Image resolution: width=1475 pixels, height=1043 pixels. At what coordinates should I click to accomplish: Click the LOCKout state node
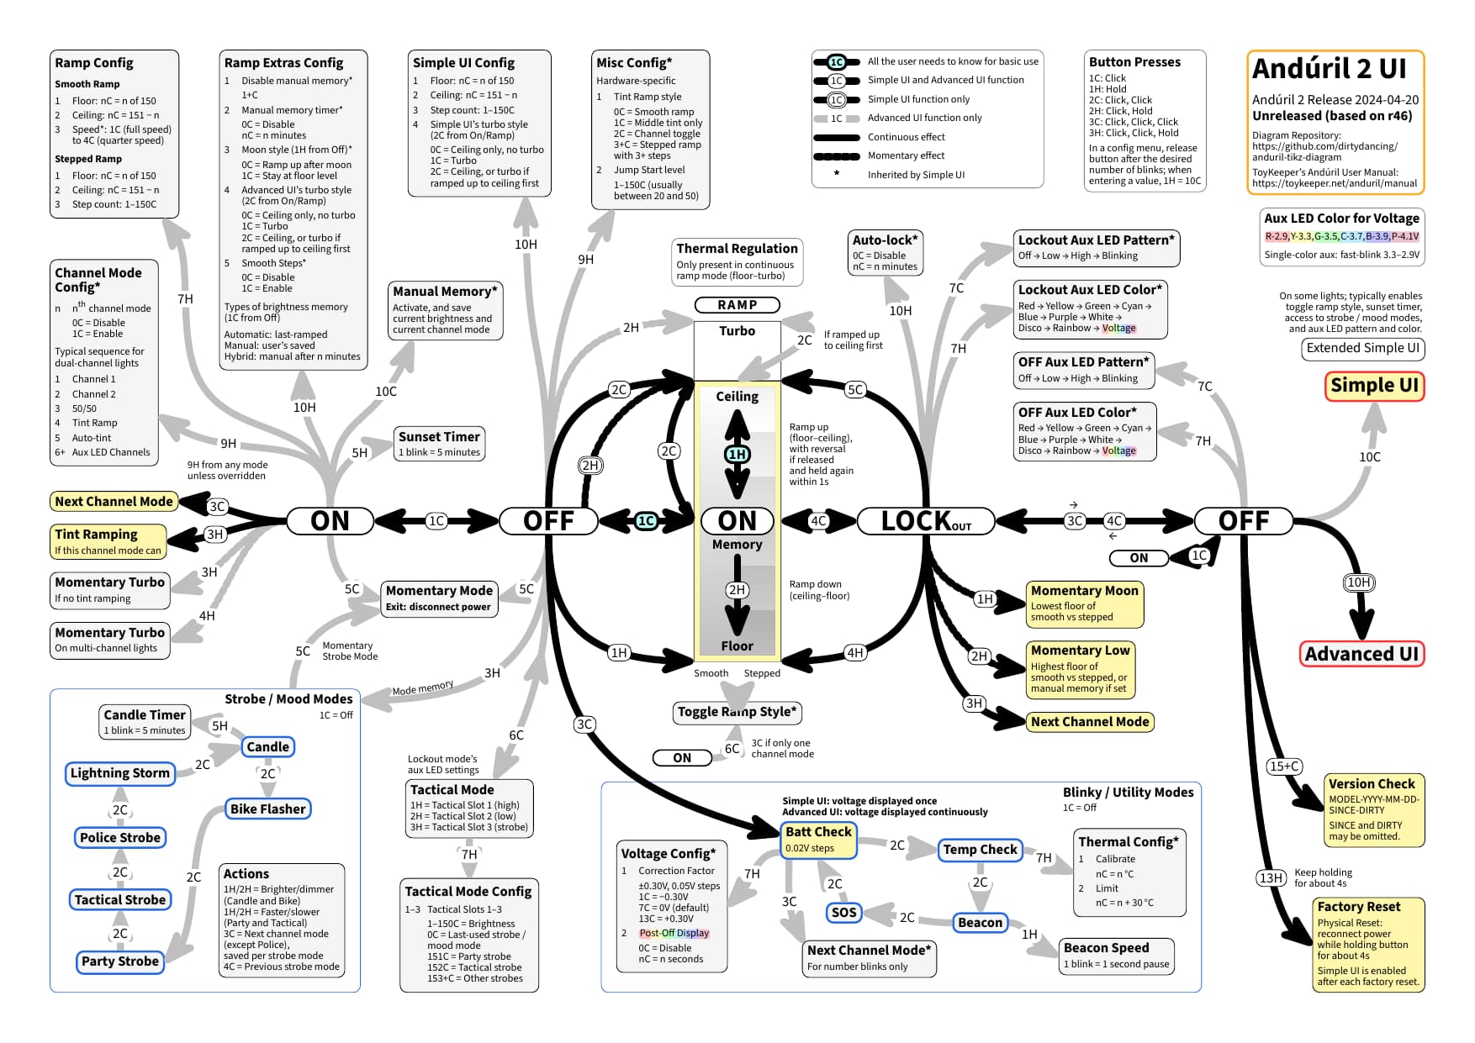point(926,521)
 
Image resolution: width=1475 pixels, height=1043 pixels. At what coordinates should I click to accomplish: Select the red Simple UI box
point(1374,386)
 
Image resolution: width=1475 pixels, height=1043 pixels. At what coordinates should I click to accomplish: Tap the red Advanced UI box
point(1361,654)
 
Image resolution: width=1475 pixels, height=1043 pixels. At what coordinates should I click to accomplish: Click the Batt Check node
point(818,840)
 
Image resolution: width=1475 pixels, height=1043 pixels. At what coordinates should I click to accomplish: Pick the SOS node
point(843,913)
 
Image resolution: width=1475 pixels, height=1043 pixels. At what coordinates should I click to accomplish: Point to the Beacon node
point(981,923)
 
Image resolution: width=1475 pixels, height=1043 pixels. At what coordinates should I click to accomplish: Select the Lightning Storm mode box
point(120,773)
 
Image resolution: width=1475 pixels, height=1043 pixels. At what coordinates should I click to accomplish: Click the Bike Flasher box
point(268,809)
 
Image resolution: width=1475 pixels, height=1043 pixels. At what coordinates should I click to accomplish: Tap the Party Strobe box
point(120,961)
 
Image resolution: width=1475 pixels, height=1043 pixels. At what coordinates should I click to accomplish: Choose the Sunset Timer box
point(439,444)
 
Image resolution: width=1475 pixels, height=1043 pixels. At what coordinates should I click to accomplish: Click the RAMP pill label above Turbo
point(737,305)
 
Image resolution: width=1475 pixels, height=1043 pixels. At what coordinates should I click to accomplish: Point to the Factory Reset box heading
point(1359,907)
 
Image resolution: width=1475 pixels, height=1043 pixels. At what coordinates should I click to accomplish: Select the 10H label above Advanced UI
point(1359,582)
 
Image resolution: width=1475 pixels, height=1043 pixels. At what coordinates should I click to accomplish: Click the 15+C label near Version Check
point(1285,766)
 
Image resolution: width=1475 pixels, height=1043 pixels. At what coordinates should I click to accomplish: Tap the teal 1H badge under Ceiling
point(737,455)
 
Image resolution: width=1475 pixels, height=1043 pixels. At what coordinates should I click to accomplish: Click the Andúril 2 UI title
point(1330,68)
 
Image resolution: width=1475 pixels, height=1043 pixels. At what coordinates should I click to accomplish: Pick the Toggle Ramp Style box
point(737,713)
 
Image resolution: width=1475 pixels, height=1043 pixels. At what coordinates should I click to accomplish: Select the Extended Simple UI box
point(1363,349)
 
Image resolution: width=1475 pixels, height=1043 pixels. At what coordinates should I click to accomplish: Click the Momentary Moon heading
point(1085,591)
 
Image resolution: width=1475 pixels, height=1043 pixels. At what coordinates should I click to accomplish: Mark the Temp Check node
point(981,850)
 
